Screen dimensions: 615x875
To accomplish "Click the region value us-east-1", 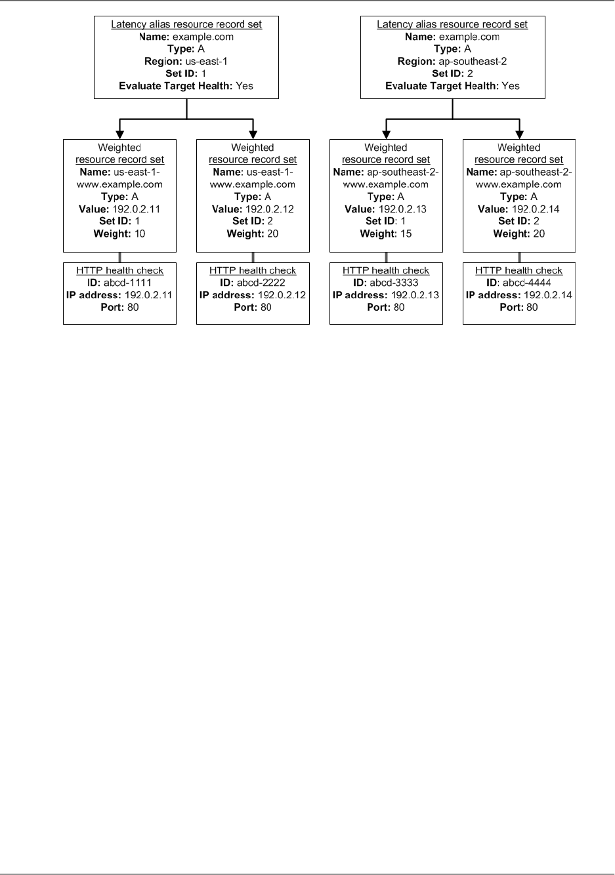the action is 207,61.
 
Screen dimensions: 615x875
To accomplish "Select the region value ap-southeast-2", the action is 471,61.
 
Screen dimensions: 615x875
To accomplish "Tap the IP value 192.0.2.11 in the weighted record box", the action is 138,209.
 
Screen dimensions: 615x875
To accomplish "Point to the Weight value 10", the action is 139,234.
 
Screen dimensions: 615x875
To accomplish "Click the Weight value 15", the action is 405,234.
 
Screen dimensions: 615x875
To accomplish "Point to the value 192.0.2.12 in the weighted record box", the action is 270,209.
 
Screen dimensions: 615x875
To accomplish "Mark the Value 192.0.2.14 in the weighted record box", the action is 538,209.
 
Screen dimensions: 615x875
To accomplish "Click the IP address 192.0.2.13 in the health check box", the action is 415,295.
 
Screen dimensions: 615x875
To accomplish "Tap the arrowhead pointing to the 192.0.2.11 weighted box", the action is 119,134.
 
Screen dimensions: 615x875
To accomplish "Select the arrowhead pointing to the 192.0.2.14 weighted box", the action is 519,134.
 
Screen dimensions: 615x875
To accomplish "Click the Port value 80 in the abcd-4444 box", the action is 532,307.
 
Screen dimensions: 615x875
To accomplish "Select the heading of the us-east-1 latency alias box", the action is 186,24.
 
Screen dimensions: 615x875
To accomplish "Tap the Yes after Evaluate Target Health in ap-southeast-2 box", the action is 510,86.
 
